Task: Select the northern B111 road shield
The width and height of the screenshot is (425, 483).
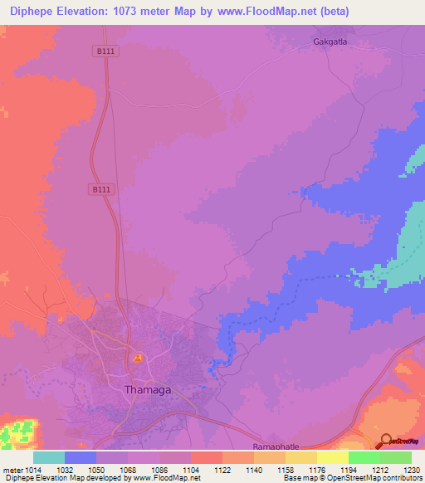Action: (x=103, y=51)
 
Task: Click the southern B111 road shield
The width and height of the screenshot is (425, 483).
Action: (x=100, y=189)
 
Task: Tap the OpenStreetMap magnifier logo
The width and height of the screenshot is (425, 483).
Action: (x=386, y=441)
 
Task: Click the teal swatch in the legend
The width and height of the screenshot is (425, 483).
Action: (x=49, y=457)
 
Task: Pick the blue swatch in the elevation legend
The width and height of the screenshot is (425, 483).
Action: (x=81, y=457)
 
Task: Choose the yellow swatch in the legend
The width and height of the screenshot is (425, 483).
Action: (x=332, y=457)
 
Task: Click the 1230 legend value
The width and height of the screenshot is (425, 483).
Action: (x=411, y=470)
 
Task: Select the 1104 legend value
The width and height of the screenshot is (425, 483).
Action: (x=190, y=470)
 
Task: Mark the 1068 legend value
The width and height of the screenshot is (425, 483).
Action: (x=127, y=470)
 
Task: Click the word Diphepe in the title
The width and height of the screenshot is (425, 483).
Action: (x=34, y=12)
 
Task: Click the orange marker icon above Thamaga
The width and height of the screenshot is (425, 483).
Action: (x=137, y=359)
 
